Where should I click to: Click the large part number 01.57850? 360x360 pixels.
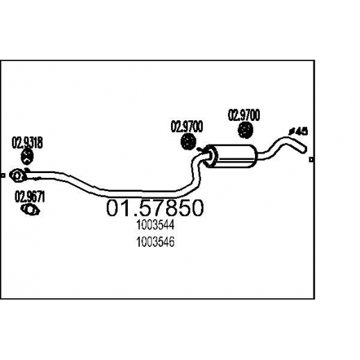click(155, 208)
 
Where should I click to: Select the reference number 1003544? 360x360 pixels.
click(155, 224)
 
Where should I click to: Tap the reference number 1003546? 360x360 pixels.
click(155, 242)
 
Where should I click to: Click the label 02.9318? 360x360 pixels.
click(27, 143)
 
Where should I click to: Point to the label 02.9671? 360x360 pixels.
click(30, 197)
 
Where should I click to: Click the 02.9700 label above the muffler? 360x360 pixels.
click(244, 115)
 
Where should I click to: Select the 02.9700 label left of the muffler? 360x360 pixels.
click(187, 126)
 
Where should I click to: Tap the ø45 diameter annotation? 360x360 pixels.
click(299, 131)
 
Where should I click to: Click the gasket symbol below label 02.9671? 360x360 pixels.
click(30, 210)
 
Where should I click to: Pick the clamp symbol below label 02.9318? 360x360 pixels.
click(27, 157)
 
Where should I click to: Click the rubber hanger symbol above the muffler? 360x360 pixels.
click(245, 131)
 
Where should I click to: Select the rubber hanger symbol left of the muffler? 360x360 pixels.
click(188, 141)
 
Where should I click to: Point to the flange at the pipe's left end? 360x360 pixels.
click(17, 175)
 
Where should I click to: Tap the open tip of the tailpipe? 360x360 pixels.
click(304, 149)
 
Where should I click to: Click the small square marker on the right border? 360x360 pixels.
click(311, 160)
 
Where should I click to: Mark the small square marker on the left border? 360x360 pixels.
click(3, 176)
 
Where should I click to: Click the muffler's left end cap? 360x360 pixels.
click(211, 157)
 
